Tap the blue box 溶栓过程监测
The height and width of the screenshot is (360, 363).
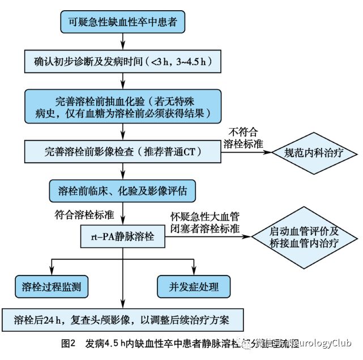click(52, 286)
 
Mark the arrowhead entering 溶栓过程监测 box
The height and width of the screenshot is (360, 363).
click(52, 272)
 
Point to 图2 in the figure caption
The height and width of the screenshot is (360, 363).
click(67, 343)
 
